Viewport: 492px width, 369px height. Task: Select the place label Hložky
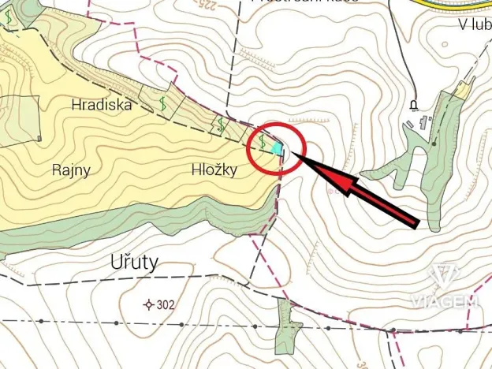214,169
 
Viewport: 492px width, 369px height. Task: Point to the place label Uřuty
129,261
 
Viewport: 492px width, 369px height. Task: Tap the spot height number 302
166,304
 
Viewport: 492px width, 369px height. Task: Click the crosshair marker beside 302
148,304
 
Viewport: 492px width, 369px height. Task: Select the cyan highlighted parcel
276,147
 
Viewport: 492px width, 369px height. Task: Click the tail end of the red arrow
416,225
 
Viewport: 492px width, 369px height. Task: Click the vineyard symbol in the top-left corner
7,15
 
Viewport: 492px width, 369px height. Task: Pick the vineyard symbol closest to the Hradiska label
163,103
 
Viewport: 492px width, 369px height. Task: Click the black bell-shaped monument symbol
412,104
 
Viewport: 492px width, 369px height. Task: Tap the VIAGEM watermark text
443,300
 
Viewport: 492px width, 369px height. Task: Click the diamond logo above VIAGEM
443,278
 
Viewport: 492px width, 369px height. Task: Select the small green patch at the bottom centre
286,327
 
